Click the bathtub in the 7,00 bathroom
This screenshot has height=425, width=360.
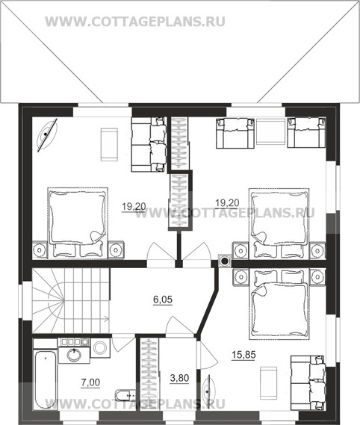(x=45, y=380)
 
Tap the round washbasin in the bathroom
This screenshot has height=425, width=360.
(x=74, y=355)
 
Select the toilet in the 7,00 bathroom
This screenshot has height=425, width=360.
(x=125, y=395)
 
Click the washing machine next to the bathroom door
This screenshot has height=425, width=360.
(x=100, y=348)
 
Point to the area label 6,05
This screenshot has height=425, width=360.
(x=163, y=300)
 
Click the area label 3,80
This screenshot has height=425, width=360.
(x=179, y=378)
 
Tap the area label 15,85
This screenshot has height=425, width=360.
(x=243, y=355)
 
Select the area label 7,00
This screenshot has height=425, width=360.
(x=90, y=382)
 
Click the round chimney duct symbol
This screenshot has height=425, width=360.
(x=225, y=261)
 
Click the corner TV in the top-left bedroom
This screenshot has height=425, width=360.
(x=47, y=134)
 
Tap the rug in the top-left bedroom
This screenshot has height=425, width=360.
(x=109, y=144)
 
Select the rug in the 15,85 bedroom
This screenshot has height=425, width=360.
(x=268, y=383)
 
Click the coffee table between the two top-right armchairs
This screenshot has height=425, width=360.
(x=271, y=133)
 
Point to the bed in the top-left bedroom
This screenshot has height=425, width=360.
(x=78, y=223)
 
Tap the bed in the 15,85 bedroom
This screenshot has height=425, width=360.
(x=279, y=304)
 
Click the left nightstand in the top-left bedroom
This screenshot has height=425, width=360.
(x=40, y=249)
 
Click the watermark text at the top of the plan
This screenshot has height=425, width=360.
(x=135, y=22)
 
